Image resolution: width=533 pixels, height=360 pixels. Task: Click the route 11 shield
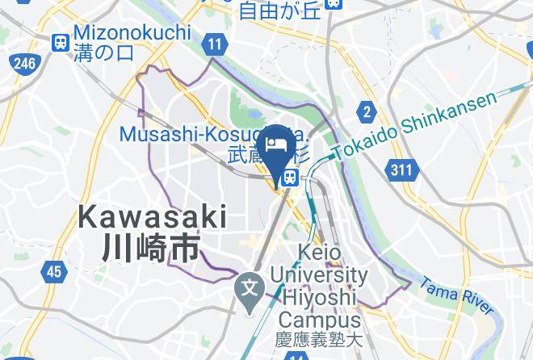click(214, 45)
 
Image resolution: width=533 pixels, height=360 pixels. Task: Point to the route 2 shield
click(367, 112)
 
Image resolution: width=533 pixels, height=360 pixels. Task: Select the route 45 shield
click(53, 271)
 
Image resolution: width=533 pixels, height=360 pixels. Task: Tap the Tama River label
click(456, 296)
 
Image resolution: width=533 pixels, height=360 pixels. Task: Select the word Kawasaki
click(153, 216)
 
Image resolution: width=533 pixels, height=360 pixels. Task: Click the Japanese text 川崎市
click(150, 247)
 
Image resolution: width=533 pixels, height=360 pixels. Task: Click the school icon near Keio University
click(249, 286)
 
